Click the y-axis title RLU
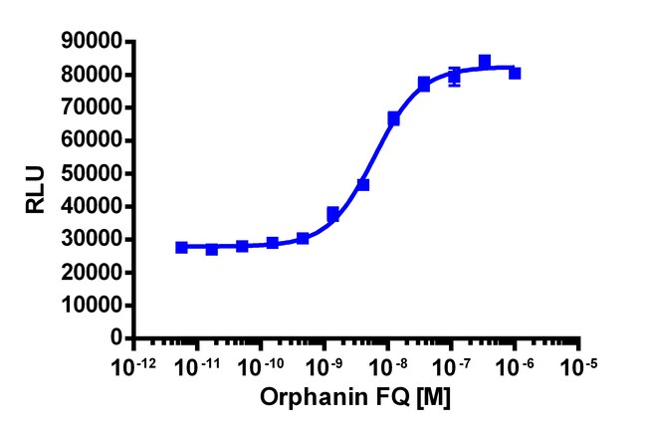point(37,190)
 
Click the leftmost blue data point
point(181,247)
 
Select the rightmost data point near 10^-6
point(515,73)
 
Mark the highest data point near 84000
point(485,62)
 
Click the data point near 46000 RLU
point(363,185)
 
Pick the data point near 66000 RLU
point(394,119)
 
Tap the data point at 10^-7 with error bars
point(455,76)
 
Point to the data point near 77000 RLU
point(424,85)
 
